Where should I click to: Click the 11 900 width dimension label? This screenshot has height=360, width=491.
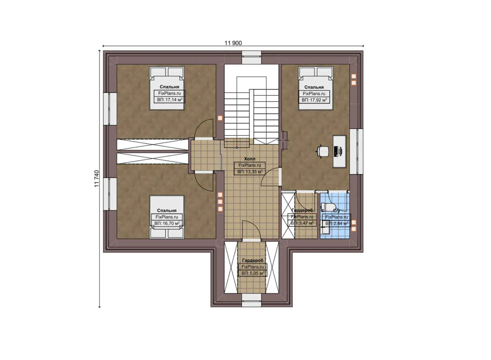(233, 43)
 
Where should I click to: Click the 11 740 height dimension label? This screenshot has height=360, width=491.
(97, 178)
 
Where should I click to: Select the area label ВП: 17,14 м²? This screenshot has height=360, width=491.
(169, 100)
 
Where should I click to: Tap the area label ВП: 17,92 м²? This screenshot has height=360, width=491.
(314, 100)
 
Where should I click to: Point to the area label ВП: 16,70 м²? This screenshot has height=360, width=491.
(167, 223)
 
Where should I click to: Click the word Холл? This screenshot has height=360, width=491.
(250, 159)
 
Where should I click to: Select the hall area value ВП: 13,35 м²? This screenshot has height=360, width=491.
(250, 172)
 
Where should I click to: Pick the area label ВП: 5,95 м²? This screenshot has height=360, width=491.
(253, 273)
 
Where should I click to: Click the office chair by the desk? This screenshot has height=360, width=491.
(322, 151)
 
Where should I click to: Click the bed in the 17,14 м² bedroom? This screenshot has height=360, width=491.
(167, 88)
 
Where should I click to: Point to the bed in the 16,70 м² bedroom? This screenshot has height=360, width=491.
(167, 217)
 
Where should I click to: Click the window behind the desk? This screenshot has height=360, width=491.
(356, 151)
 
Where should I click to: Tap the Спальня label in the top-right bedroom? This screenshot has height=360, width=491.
(314, 87)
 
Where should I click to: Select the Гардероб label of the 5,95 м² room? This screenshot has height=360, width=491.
(253, 260)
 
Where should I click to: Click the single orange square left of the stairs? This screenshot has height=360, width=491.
(220, 118)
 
